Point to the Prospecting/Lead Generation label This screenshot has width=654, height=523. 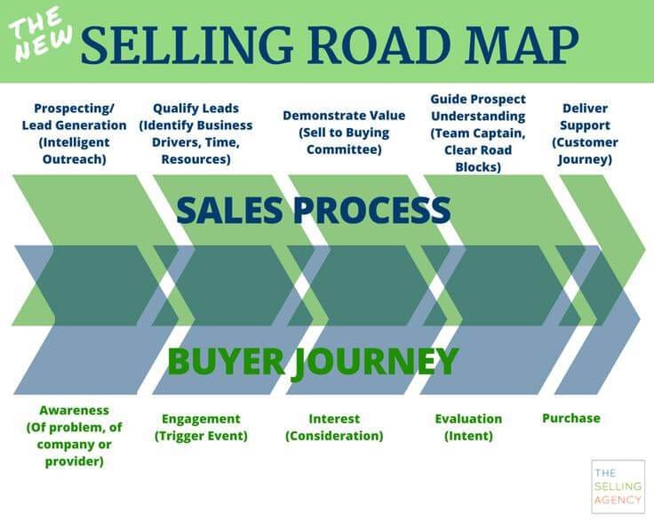75,133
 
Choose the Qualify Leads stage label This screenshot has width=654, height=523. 196,133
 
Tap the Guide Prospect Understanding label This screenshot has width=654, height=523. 477,133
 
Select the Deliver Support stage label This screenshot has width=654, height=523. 585,133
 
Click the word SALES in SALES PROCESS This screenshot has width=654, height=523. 229,212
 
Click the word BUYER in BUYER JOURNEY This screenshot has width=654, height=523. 219,362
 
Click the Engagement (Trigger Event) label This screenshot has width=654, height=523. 201,427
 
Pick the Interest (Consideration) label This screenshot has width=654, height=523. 334,427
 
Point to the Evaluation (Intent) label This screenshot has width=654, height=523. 468,427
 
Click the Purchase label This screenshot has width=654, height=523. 571,418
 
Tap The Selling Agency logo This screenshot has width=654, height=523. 617,486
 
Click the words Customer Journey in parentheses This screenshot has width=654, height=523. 585,151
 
